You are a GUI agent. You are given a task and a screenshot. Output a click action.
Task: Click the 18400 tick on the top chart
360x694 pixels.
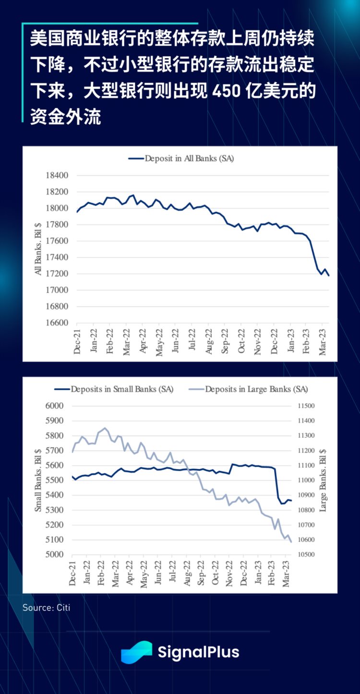57,176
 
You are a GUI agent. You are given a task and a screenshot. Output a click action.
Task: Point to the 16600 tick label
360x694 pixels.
57,323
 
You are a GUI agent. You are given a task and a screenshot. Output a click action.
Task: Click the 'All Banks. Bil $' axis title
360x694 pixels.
38,249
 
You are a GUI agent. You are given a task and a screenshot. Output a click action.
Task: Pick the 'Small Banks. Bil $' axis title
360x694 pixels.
38,480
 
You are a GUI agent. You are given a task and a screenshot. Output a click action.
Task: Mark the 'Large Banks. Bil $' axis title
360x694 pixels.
323,480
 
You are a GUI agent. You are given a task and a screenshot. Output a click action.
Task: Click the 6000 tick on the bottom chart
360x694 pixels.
55,406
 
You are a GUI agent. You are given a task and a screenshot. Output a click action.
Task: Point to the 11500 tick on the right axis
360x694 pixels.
306,406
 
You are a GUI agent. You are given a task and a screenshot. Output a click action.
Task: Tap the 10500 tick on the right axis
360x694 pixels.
306,555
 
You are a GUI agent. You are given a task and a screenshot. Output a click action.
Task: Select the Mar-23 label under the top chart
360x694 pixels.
324,342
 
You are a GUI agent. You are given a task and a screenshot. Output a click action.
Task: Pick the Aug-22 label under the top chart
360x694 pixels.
209,342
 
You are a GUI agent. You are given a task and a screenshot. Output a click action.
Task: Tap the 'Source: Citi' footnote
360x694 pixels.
46,608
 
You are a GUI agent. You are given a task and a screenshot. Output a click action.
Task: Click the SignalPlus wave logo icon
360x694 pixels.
136,652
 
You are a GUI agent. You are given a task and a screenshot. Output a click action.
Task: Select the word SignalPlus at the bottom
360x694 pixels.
198,652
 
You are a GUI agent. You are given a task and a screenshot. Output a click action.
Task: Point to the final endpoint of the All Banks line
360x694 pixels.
329,275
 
